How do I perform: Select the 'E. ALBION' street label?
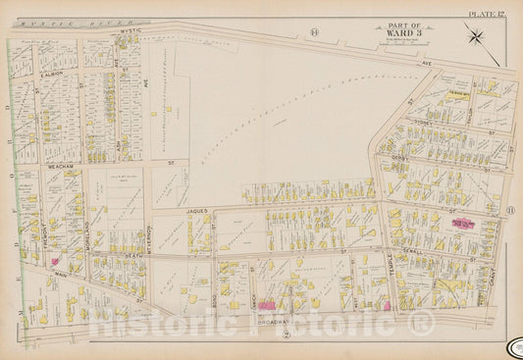[x=52, y=72]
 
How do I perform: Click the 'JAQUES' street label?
[x=191, y=211]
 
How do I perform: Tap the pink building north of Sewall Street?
[x=457, y=225]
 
